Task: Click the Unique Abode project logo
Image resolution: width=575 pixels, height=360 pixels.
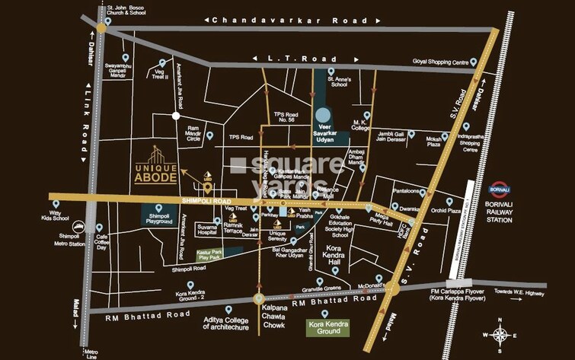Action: pyautogui.click(x=156, y=164)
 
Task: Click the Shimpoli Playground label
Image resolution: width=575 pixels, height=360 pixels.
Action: pyautogui.click(x=158, y=217)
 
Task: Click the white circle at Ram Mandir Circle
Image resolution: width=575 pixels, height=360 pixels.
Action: pyautogui.click(x=176, y=116)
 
